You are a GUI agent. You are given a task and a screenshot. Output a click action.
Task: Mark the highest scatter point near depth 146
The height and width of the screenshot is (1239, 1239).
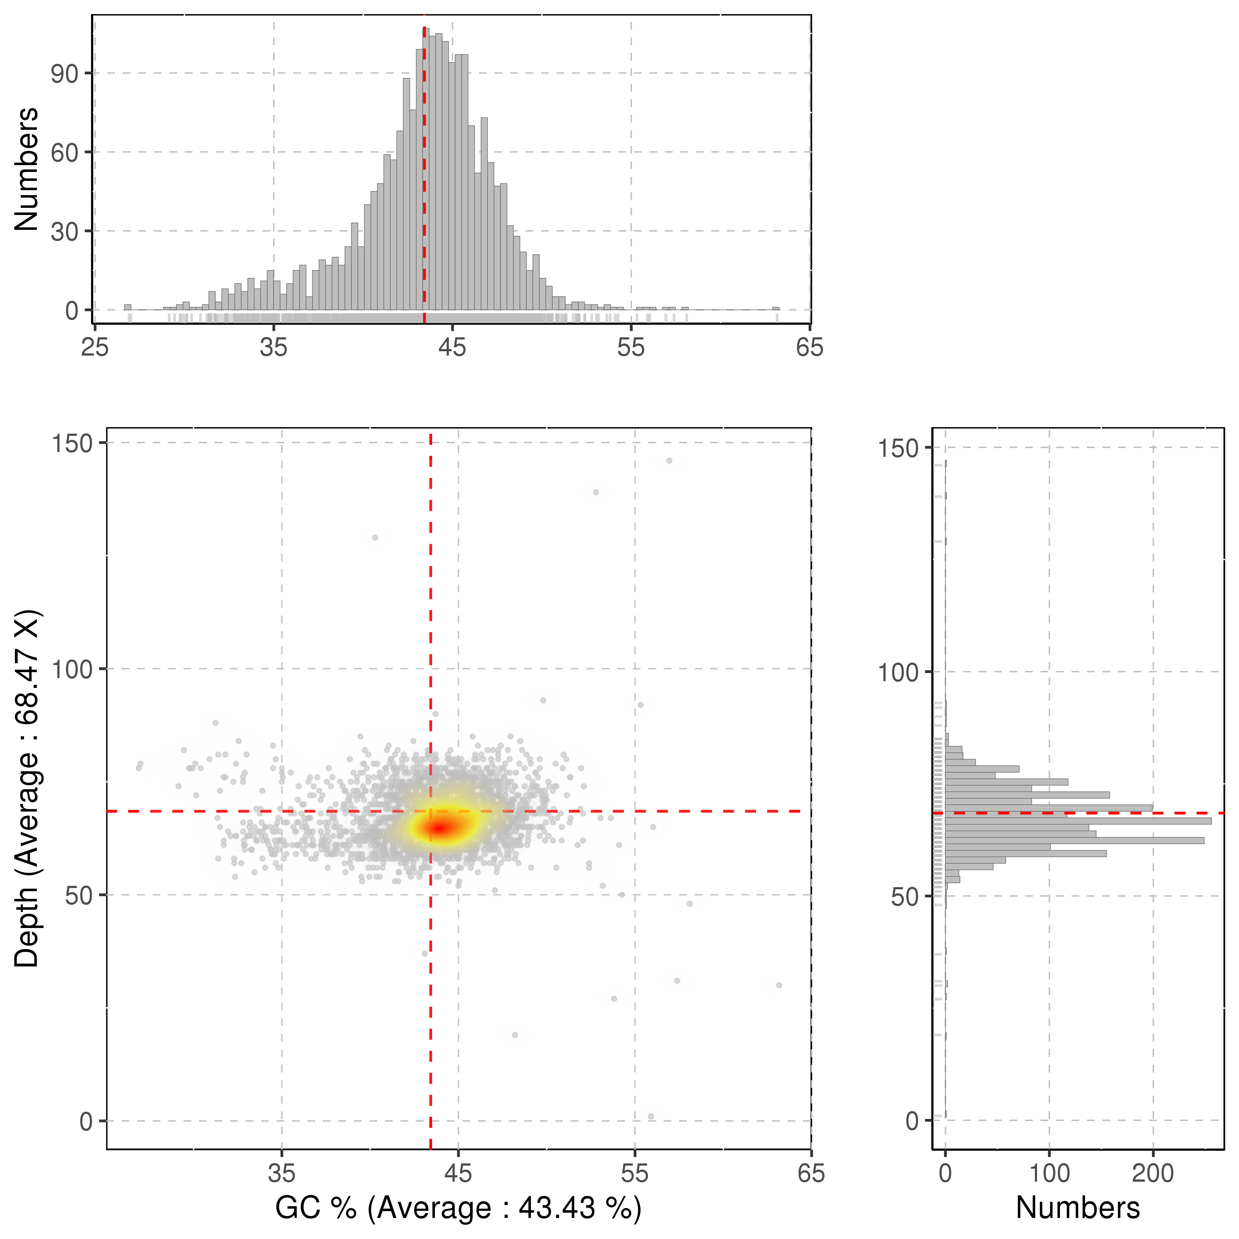point(669,461)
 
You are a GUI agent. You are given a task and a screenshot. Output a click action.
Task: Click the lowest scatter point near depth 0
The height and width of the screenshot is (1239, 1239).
point(651,1117)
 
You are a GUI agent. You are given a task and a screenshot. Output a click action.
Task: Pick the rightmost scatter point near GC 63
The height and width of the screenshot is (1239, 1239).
point(778,985)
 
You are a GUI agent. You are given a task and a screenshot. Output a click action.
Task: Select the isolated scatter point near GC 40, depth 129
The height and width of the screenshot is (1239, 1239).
point(375,537)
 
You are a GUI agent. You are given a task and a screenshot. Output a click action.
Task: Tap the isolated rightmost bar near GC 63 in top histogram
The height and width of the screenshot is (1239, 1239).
point(776,309)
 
